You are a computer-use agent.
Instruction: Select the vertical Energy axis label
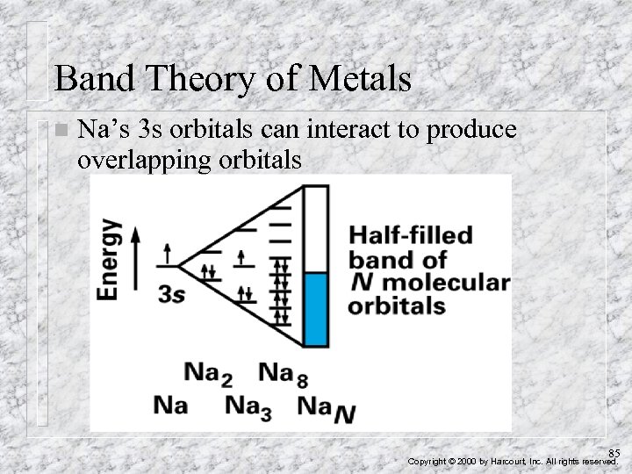111,259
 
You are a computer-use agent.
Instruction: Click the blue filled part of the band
315,308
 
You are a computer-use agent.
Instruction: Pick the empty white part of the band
315,228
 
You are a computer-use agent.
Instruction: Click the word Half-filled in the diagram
411,236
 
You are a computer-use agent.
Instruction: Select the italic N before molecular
361,284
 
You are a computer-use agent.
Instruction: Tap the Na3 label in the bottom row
248,406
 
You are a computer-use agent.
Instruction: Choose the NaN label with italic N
326,407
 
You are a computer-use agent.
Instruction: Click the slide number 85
614,452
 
